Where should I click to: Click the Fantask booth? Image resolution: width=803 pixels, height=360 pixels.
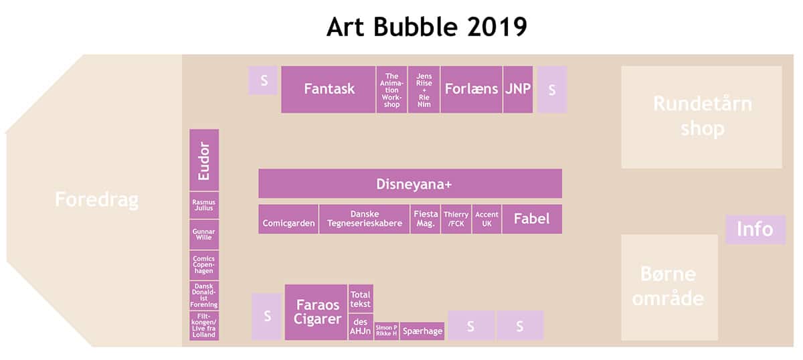pos(329,89)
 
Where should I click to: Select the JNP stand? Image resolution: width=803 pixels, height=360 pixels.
pos(518,89)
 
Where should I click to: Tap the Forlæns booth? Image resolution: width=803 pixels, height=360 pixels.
pos(471,89)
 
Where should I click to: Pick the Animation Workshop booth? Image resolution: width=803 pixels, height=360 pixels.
pos(391,89)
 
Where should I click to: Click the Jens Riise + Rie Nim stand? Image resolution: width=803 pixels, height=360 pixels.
pos(424,89)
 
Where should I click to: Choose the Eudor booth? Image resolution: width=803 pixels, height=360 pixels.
pos(204,160)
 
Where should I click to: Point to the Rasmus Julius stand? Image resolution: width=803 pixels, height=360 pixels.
pos(204,205)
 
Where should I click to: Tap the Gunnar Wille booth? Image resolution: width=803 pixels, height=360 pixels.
pos(204,234)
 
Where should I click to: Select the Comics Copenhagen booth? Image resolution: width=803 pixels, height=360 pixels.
pos(204,265)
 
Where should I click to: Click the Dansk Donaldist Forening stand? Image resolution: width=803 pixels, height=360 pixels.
pos(204,296)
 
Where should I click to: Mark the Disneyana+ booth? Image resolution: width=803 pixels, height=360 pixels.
pos(410,183)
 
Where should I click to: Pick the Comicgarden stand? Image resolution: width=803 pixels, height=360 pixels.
pos(288,219)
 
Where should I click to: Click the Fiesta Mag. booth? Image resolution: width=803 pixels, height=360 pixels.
pos(425,219)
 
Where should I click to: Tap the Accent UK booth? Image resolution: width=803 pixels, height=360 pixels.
pos(486,219)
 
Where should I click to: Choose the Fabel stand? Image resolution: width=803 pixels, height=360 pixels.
pos(532,219)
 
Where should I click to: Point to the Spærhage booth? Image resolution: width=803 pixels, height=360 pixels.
pos(422,331)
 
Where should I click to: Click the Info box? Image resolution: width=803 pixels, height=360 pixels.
pos(755,230)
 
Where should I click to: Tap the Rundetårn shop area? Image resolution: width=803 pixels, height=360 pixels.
pos(701,117)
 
